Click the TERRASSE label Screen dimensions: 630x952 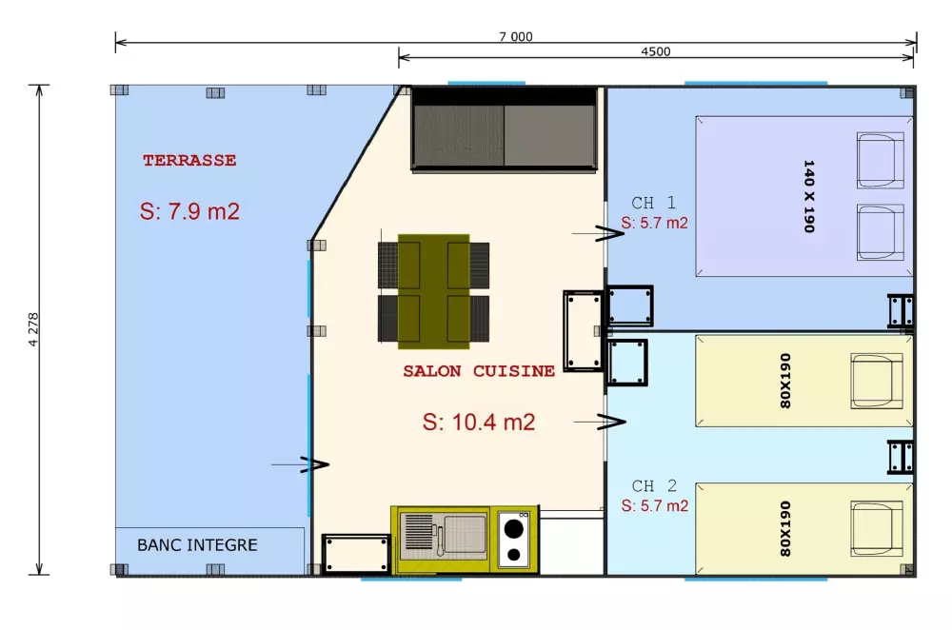point(189,161)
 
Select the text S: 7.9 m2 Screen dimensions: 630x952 point(189,211)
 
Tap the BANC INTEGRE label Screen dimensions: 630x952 point(197,545)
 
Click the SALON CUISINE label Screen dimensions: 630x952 point(478,371)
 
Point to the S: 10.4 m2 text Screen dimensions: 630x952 point(478,422)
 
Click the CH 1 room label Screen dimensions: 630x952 point(654,203)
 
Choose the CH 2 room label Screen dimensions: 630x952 point(654,486)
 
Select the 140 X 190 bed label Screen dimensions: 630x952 point(810,197)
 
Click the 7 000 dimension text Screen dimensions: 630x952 point(515,37)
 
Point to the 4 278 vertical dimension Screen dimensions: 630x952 point(34,329)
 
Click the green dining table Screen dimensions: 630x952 point(433,290)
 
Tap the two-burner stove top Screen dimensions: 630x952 point(515,539)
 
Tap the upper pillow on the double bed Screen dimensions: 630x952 point(880,161)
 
